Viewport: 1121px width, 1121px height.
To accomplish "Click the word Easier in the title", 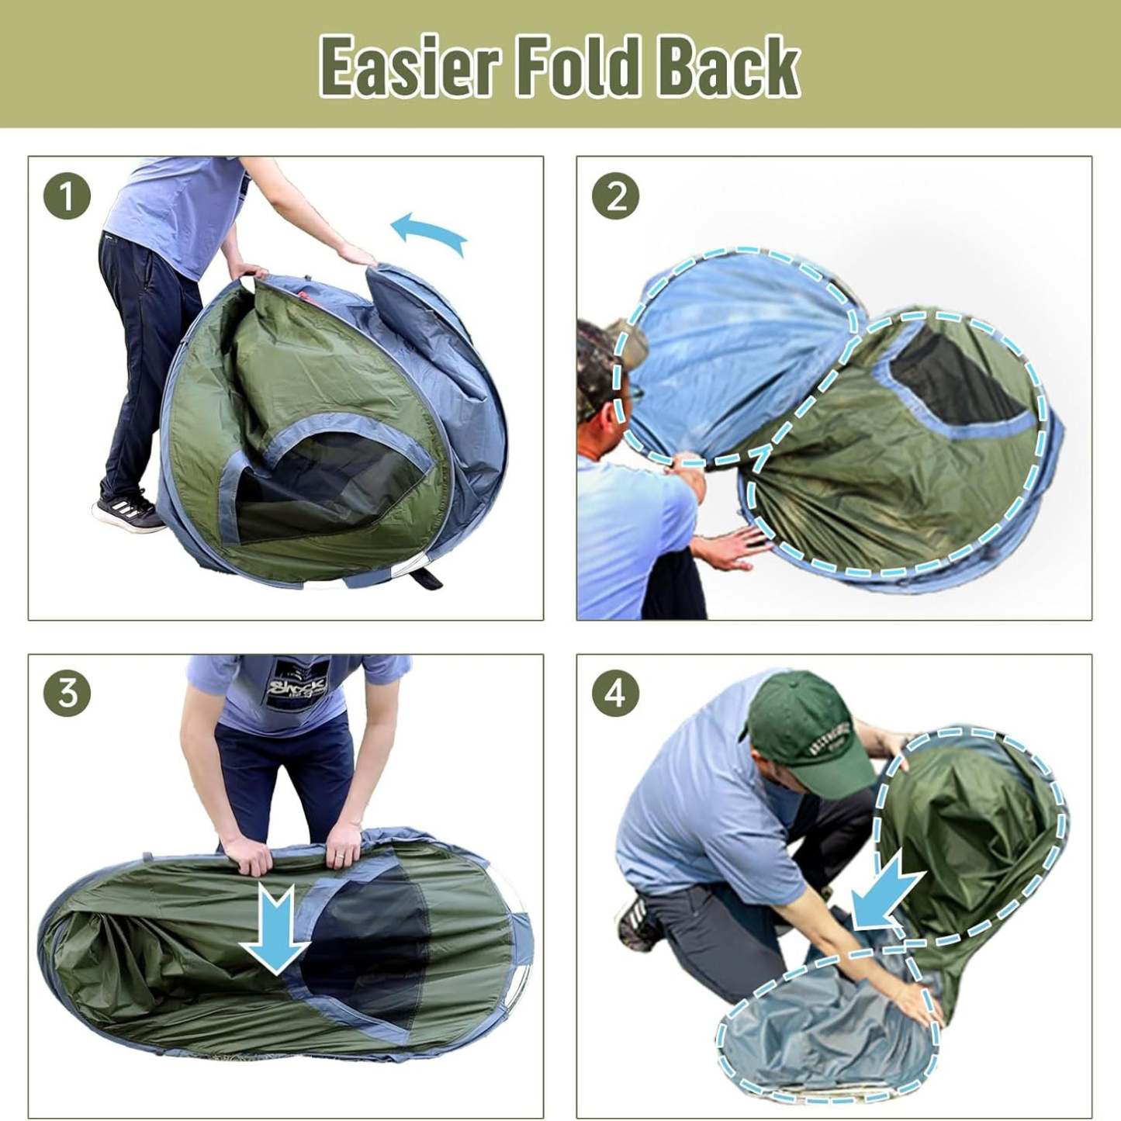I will (408, 67).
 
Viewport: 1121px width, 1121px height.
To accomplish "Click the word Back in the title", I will (728, 67).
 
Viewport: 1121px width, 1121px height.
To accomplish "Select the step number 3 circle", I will (67, 693).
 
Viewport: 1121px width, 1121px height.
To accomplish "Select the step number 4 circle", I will (615, 693).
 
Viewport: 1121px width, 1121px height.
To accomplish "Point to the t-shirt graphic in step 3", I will (297, 684).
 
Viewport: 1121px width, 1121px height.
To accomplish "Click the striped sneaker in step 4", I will (638, 925).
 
